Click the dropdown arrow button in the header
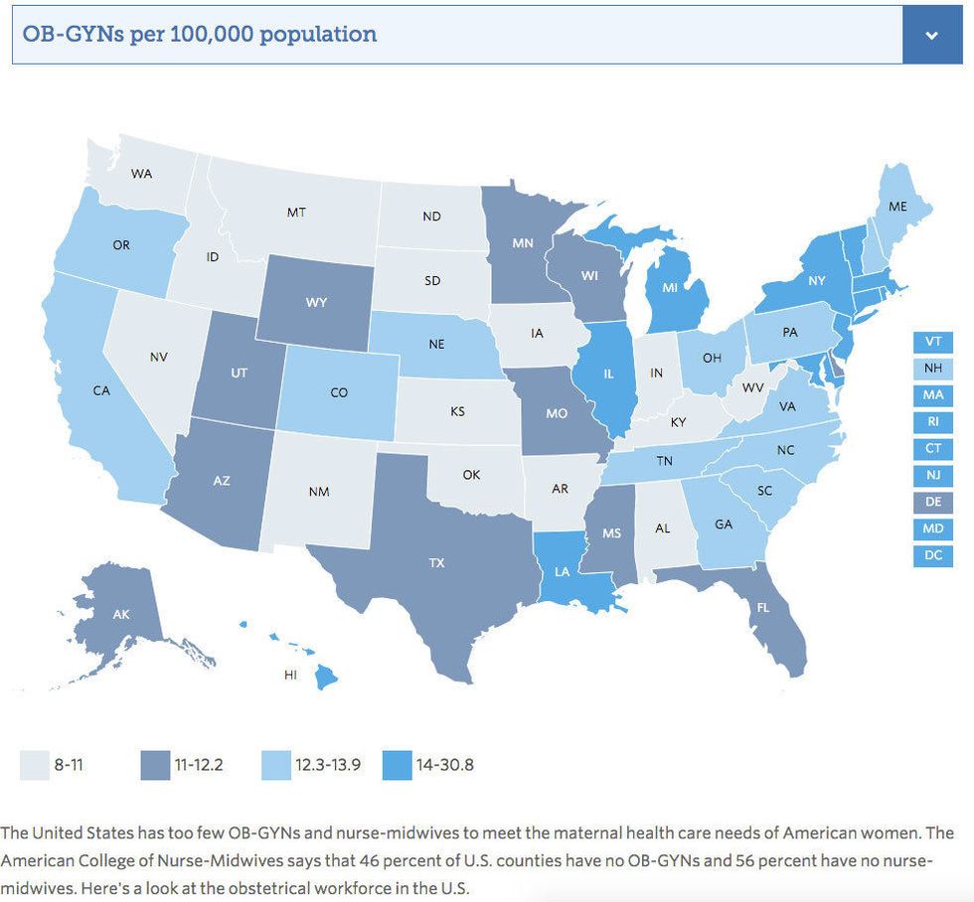[931, 35]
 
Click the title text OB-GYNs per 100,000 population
[199, 35]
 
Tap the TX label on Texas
[436, 563]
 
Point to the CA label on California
[101, 390]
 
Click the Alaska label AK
[121, 615]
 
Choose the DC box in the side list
[932, 555]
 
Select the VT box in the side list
[932, 341]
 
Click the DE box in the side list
[932, 502]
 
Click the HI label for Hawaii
[290, 675]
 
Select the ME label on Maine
[898, 207]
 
